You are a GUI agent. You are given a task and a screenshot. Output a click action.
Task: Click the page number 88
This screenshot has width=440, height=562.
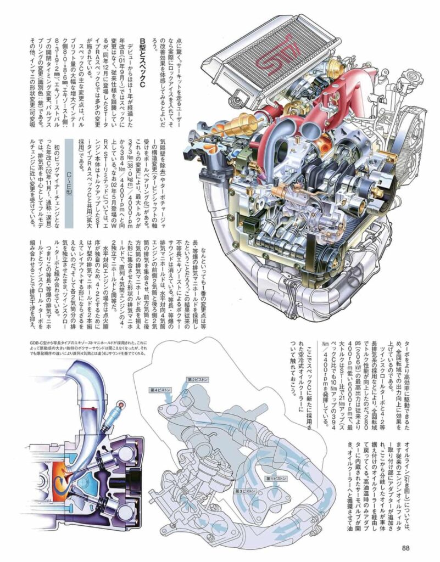pyautogui.click(x=407, y=546)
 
